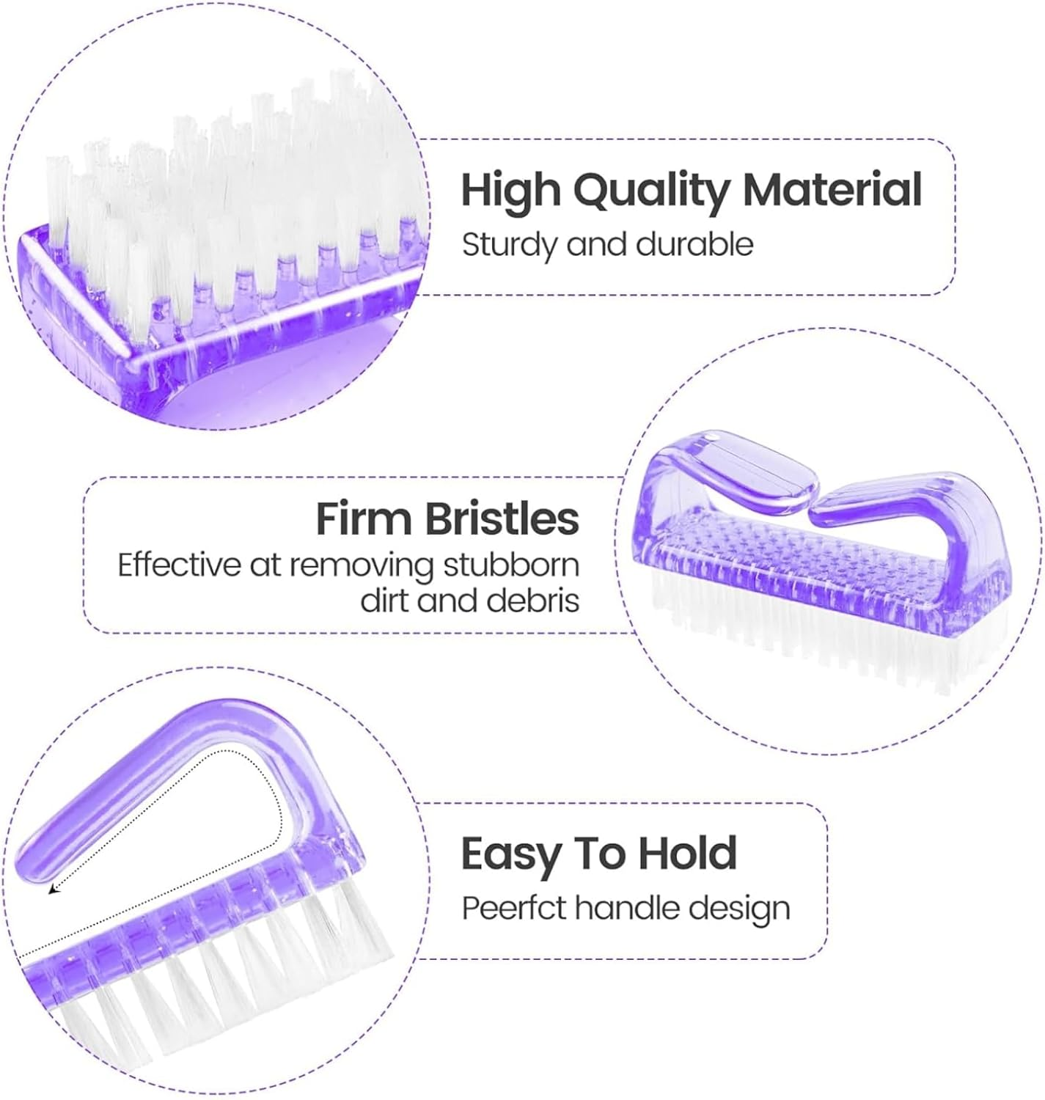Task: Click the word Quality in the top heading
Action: pyautogui.click(x=653, y=191)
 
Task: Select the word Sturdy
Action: pyautogui.click(x=509, y=244)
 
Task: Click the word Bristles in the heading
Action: pyautogui.click(x=502, y=519)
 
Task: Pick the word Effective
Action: pyautogui.click(x=179, y=565)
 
